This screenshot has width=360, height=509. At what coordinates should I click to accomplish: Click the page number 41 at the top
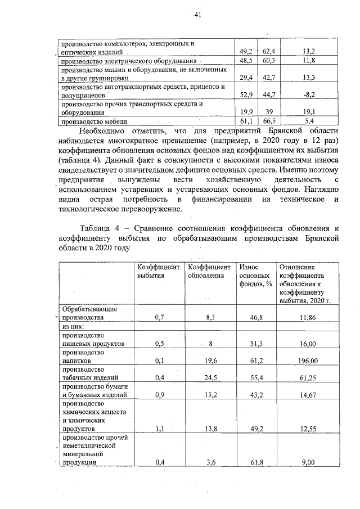pos(197,15)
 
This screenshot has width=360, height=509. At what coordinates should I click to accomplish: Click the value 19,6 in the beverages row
pos(211,361)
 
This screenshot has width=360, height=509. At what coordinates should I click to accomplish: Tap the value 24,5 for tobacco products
pos(211,379)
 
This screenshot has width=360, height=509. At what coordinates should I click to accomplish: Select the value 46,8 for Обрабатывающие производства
pos(256,317)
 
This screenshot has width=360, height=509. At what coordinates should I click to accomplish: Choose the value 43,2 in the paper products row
pos(256,395)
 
